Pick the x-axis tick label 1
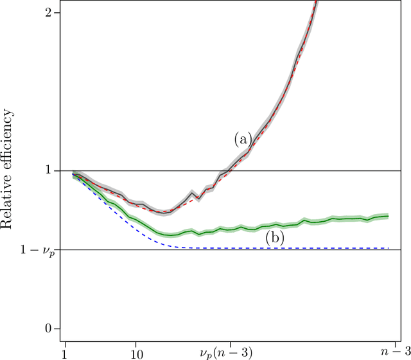(x=65, y=353)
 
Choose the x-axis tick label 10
(x=136, y=353)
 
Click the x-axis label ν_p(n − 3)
(x=230, y=353)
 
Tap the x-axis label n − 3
(x=388, y=353)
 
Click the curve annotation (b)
(x=274, y=239)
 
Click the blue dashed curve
(x=257, y=248)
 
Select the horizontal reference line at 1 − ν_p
(x=128, y=249)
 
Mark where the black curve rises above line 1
(x=230, y=170)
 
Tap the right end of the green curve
(x=389, y=216)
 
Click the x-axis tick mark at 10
(x=136, y=342)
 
